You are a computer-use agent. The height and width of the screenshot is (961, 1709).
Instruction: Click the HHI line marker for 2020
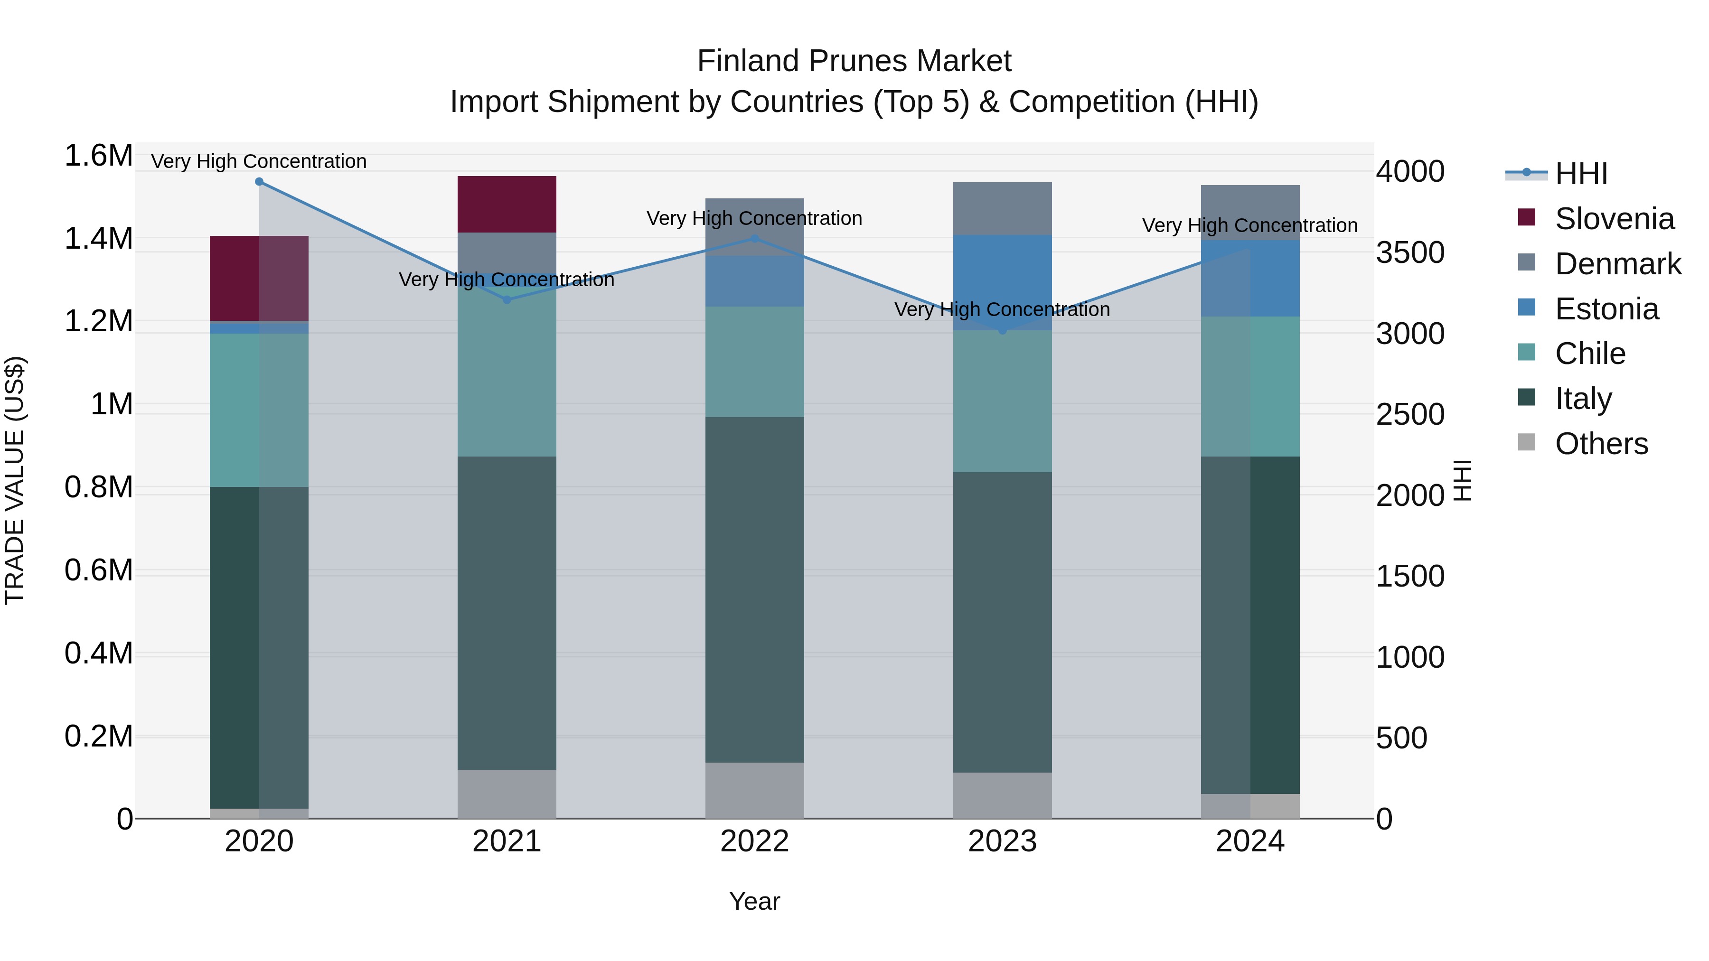259,182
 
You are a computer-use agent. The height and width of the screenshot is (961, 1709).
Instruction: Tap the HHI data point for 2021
507,300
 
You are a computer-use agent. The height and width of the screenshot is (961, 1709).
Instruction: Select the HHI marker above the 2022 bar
754,239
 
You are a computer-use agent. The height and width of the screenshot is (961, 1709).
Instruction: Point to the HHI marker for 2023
1003,330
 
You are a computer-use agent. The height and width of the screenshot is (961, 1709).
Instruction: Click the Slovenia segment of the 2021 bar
507,204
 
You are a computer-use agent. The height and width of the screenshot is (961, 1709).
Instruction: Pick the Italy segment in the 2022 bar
754,589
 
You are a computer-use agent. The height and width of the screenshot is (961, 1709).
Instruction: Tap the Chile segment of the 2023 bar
1003,401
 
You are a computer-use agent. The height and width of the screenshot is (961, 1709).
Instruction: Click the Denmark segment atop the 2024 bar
1250,212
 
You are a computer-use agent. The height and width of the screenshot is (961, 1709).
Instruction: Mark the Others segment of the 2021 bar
507,794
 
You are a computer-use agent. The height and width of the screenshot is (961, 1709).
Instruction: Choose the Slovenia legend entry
1614,219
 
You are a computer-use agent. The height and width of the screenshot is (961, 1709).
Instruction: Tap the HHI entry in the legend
1580,174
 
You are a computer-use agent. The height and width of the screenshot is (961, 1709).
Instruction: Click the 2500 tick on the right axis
1410,414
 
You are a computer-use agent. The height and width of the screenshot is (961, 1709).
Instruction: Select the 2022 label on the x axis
754,841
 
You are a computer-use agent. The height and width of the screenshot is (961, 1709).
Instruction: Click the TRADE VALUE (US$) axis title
15,480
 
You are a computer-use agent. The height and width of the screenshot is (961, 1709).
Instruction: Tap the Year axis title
754,901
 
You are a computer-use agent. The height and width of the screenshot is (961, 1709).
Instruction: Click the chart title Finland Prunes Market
854,61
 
